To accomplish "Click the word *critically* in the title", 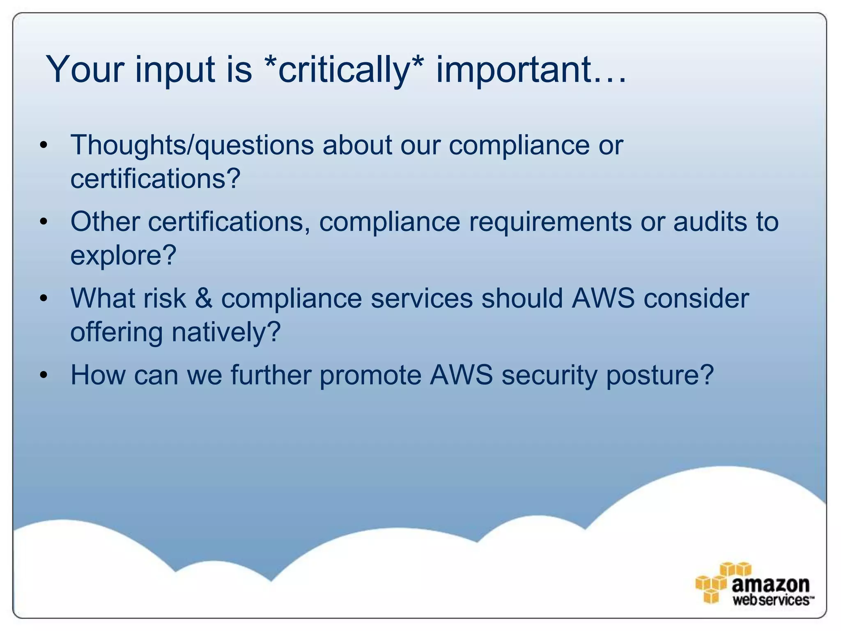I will click(344, 70).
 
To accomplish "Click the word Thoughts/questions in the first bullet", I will click(192, 145).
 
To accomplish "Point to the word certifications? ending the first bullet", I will click(155, 179).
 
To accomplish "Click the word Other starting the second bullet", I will click(105, 222).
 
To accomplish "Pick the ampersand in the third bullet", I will click(204, 299).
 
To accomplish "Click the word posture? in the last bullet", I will click(659, 376).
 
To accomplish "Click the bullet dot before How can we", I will click(44, 375).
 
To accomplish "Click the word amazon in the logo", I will click(770, 584).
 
